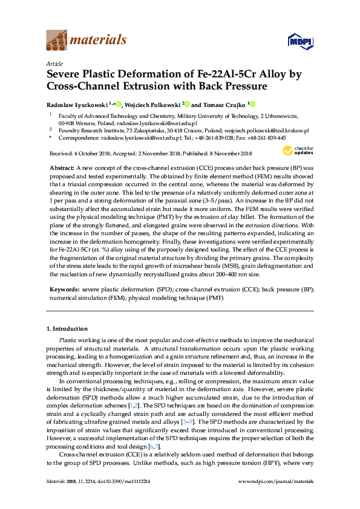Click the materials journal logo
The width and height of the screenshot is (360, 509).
pyautogui.click(x=87, y=41)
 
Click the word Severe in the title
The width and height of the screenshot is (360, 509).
pyautogui.click(x=64, y=74)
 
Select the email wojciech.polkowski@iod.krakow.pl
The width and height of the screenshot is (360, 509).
pyautogui.click(x=266, y=130)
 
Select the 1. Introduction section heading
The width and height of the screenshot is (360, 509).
pyautogui.click(x=67, y=328)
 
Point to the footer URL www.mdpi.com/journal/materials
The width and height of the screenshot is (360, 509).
pyautogui.click(x=276, y=498)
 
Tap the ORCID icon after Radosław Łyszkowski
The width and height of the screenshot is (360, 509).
pyautogui.click(x=119, y=104)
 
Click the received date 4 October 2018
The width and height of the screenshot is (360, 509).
pyautogui.click(x=87, y=154)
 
